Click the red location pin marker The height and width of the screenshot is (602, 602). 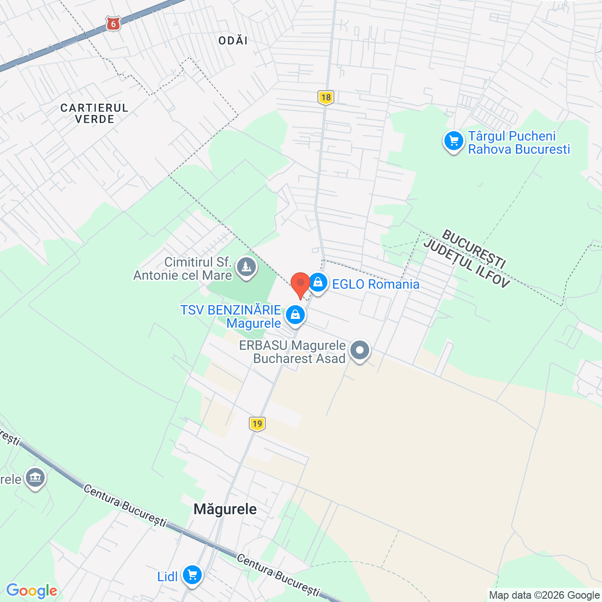click(301, 284)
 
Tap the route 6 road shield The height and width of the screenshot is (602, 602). click(113, 23)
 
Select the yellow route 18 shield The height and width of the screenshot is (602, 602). click(325, 97)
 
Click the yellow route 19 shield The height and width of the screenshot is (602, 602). click(257, 424)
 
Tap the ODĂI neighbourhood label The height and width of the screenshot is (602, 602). click(233, 40)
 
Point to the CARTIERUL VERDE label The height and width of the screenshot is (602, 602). click(95, 113)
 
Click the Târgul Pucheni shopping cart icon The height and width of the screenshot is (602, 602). click(454, 141)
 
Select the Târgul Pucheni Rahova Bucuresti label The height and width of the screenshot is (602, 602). click(519, 143)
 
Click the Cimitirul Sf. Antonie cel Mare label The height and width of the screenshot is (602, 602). click(183, 269)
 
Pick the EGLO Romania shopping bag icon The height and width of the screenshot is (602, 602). click(318, 283)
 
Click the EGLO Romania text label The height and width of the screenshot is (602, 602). click(376, 284)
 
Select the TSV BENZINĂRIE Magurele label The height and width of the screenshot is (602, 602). click(231, 317)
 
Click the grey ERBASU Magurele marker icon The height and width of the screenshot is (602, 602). click(360, 350)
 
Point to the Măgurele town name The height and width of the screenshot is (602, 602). click(225, 509)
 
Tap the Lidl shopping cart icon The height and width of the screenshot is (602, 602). click(192, 575)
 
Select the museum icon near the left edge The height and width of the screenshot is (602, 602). click(35, 478)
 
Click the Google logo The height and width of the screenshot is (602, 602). click(32, 590)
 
